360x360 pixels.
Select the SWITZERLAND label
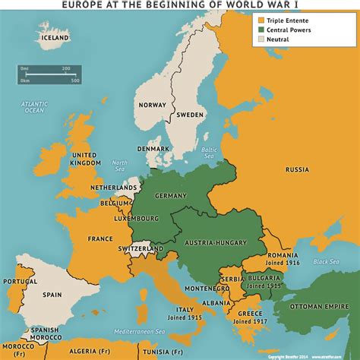141,248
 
